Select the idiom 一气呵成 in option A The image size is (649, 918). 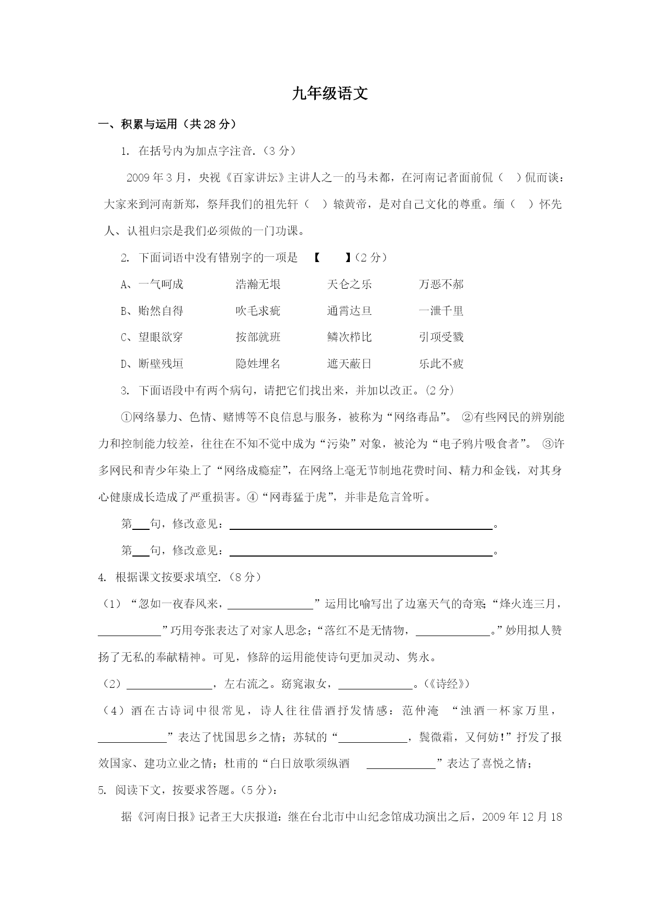pyautogui.click(x=161, y=285)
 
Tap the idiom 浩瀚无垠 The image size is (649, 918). pyautogui.click(x=258, y=285)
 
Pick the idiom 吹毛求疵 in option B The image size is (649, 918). pyautogui.click(x=258, y=311)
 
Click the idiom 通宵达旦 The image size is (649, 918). pyautogui.click(x=349, y=311)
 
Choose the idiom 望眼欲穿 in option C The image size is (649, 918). pyautogui.click(x=161, y=337)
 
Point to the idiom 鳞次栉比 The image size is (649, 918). pyautogui.click(x=349, y=337)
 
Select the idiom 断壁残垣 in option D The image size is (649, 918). pyautogui.click(x=161, y=364)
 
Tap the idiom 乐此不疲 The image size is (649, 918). pyautogui.click(x=441, y=364)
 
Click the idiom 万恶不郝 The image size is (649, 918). pyautogui.click(x=441, y=285)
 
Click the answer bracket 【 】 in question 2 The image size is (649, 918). pyautogui.click(x=333, y=258)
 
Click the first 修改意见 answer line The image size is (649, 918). pyautogui.click(x=361, y=525)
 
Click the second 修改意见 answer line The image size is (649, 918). pyautogui.click(x=361, y=551)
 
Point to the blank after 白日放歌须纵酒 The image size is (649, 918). pyautogui.click(x=401, y=764)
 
